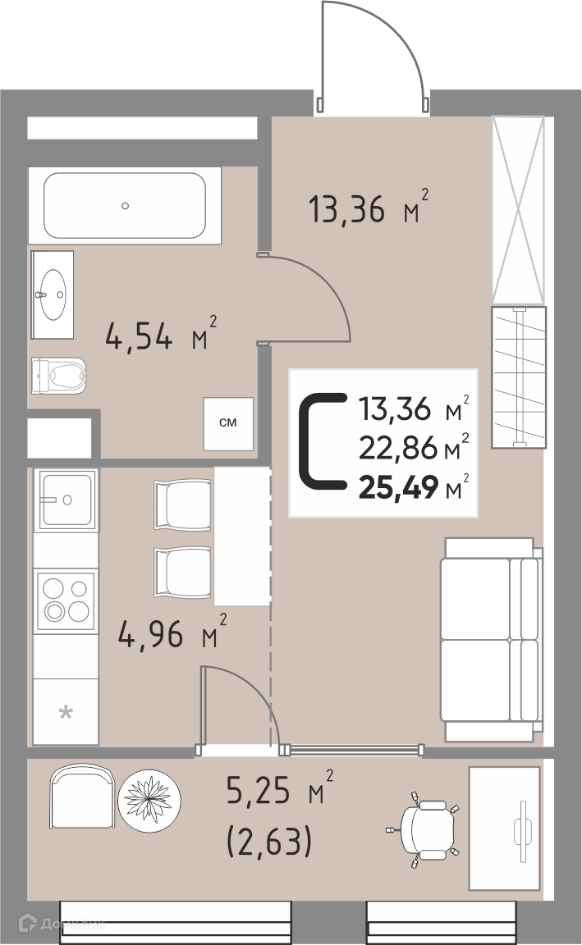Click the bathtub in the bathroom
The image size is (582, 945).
125,206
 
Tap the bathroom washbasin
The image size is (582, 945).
53,294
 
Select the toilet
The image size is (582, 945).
58,376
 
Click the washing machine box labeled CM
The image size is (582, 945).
228,423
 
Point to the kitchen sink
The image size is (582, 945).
66,500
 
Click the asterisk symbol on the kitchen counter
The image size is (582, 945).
65,714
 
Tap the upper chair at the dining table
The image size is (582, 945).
182,504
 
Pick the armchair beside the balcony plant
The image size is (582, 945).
82,798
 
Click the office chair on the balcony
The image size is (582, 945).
424,829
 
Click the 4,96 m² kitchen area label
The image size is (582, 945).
172,632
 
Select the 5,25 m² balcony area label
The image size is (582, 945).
279,788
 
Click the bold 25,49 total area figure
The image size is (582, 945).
398,487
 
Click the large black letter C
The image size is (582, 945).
323,441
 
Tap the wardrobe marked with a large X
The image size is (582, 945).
519,210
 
